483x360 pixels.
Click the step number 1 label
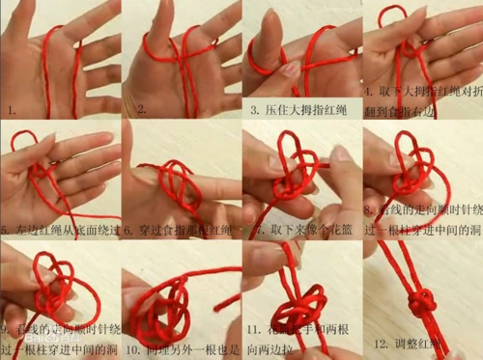(12, 111)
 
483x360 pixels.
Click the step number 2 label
(141, 110)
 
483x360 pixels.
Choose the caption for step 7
(301, 232)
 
